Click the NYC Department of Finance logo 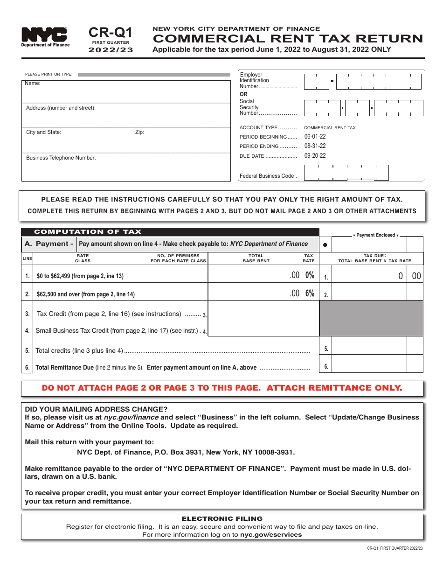(45, 36)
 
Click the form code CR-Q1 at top (111, 32)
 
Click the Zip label (139, 132)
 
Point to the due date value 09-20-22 (315, 156)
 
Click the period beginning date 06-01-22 (315, 137)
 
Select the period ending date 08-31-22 (315, 146)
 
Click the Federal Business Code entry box (346, 173)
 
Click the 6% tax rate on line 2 (309, 294)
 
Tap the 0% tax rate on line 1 (309, 275)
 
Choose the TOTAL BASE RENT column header (256, 258)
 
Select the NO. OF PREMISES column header (178, 258)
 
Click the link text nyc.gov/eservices (270, 535)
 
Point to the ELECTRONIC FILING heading (222, 518)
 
